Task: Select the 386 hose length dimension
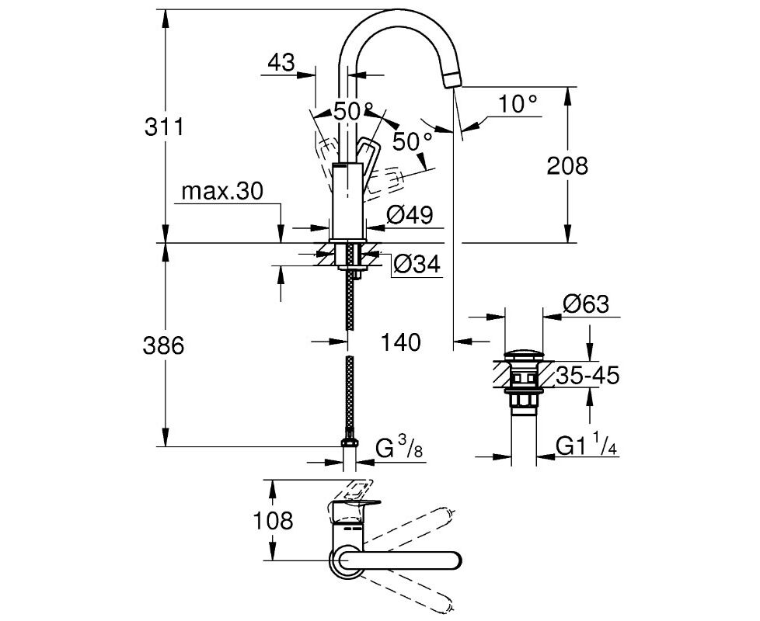tap(163, 345)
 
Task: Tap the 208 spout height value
tap(567, 165)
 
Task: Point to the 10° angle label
tap(519, 104)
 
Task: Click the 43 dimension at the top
tap(281, 62)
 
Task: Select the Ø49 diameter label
tap(409, 214)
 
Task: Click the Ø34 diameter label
tap(417, 265)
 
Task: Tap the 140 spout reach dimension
tap(400, 342)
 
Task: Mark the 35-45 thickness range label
tap(587, 376)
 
